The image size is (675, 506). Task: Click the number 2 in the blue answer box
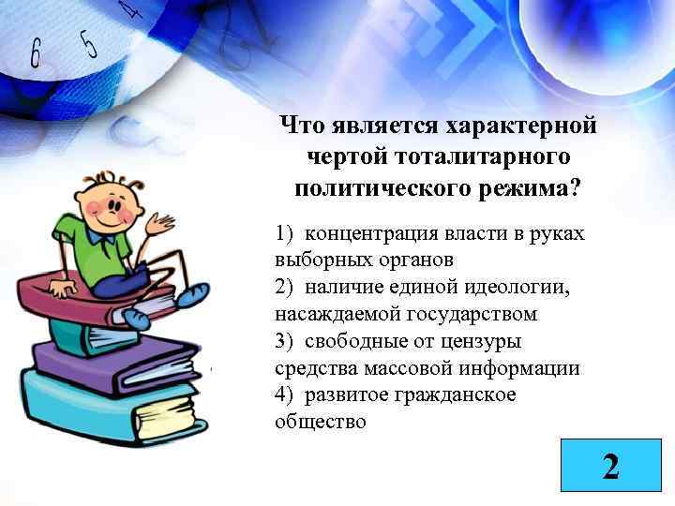pos(610,466)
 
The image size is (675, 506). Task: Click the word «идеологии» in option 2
pos(518,287)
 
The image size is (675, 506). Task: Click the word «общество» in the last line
pos(321,422)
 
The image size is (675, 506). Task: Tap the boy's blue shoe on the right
pos(195,296)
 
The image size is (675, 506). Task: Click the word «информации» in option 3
pos(527,368)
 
